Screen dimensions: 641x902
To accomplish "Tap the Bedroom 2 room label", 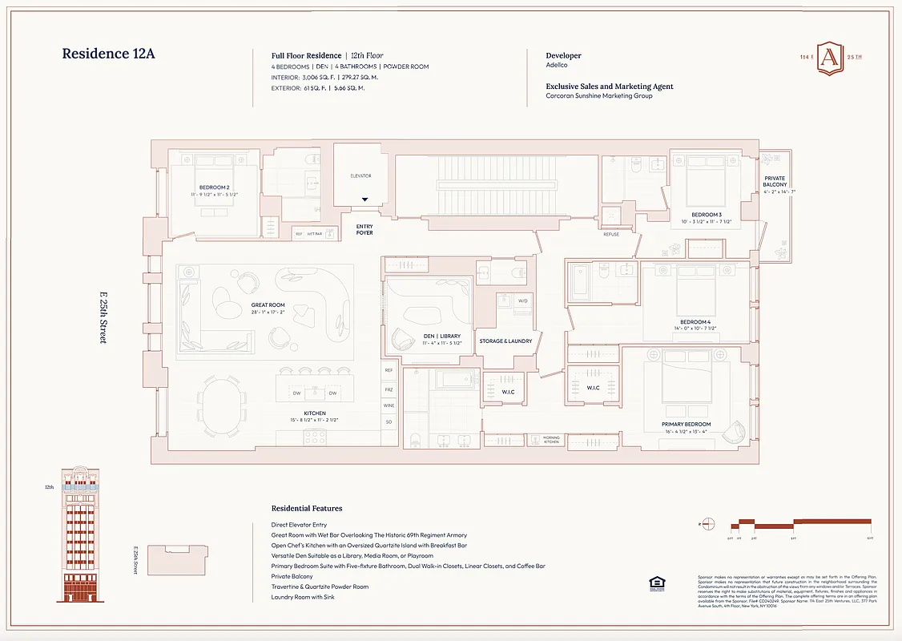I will pyautogui.click(x=215, y=187).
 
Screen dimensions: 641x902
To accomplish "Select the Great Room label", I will pyautogui.click(x=268, y=305).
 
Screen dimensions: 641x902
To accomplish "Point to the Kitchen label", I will pyautogui.click(x=315, y=413).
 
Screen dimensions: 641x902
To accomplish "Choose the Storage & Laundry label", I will pyautogui.click(x=505, y=341).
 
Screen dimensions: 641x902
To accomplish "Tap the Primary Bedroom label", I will pyautogui.click(x=686, y=425).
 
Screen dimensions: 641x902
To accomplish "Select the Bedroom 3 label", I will pyautogui.click(x=706, y=215).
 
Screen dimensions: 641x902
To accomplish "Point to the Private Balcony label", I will pyautogui.click(x=775, y=182).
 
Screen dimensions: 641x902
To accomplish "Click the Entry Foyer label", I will pyautogui.click(x=364, y=229).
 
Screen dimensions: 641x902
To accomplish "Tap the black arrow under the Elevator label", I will pyautogui.click(x=364, y=200).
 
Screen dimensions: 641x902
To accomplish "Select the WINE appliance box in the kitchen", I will pyautogui.click(x=389, y=405).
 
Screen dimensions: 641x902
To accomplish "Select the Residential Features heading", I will pyautogui.click(x=307, y=508).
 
